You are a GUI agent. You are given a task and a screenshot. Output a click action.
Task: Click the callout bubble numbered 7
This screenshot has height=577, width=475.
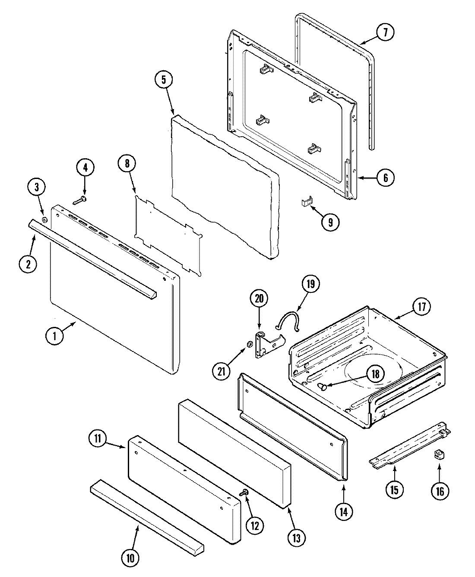click(x=385, y=32)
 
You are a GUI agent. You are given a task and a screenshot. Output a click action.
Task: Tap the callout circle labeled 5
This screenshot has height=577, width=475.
click(x=164, y=79)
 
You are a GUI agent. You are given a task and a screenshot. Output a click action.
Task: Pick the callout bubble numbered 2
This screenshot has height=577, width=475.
click(x=28, y=264)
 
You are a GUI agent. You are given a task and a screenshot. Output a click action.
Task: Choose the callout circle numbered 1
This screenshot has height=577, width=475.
click(x=55, y=337)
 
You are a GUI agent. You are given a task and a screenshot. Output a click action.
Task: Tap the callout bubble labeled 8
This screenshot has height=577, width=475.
click(x=127, y=164)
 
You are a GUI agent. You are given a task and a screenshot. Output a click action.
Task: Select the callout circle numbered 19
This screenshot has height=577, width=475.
click(x=311, y=284)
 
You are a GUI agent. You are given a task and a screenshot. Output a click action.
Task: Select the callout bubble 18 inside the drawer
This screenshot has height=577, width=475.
click(x=375, y=374)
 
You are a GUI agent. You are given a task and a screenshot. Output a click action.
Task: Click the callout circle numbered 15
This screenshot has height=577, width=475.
click(x=395, y=489)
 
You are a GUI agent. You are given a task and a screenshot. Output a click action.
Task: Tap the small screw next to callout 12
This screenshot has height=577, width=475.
click(x=246, y=493)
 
